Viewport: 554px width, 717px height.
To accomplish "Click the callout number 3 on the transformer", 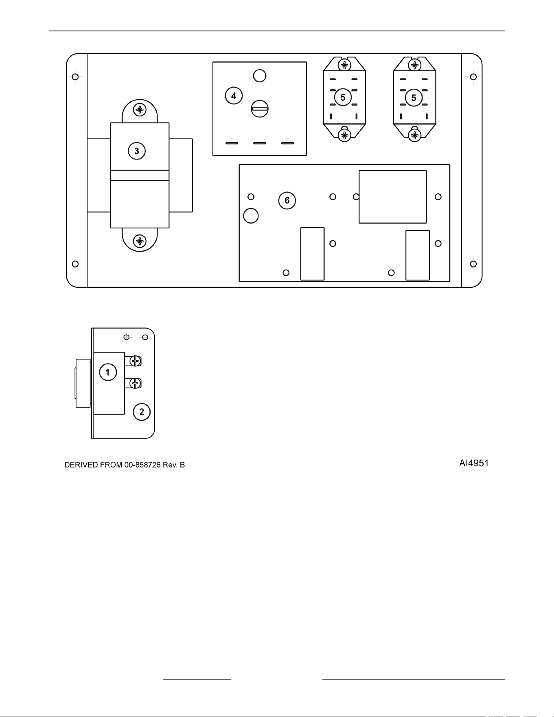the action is point(137,151).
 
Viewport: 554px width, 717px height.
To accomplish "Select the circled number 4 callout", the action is point(234,96).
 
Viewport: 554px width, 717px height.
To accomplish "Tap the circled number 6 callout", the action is point(287,200).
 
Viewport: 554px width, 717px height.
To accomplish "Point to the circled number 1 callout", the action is point(108,372).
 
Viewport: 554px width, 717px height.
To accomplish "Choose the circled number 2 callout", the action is point(142,412).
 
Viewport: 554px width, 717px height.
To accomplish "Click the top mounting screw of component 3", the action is point(140,110).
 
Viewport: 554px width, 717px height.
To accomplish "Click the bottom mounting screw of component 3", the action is point(140,241).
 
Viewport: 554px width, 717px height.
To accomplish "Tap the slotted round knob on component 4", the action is point(260,109).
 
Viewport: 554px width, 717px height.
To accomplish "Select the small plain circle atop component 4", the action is point(260,75).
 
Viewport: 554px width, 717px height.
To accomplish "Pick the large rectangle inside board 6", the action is point(393,197).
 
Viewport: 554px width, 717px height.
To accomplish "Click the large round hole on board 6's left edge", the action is point(251,215).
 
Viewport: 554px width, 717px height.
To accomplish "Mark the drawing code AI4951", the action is point(471,463).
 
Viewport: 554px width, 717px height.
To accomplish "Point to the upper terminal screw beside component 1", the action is point(136,361).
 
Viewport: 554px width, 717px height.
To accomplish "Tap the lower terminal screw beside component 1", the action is point(136,383).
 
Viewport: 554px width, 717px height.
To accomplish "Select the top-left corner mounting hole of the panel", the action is point(75,77).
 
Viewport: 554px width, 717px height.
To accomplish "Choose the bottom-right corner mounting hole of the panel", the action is point(473,264).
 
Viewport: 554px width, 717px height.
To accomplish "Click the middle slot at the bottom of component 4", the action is point(260,143).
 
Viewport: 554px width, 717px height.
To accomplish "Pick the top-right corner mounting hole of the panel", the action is point(473,77).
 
